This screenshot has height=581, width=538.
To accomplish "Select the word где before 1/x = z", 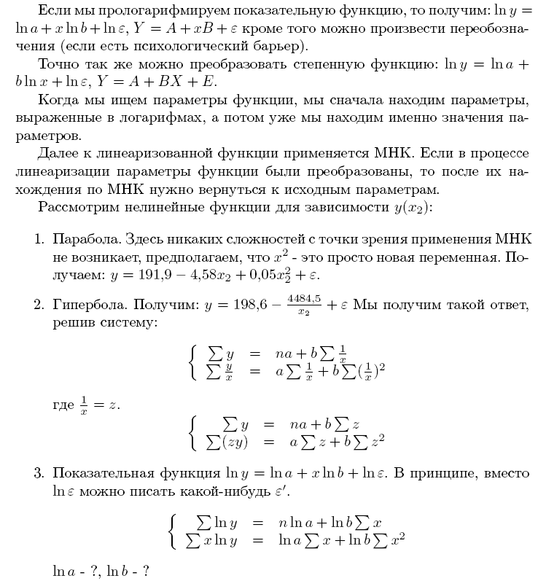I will (x=63, y=405).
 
